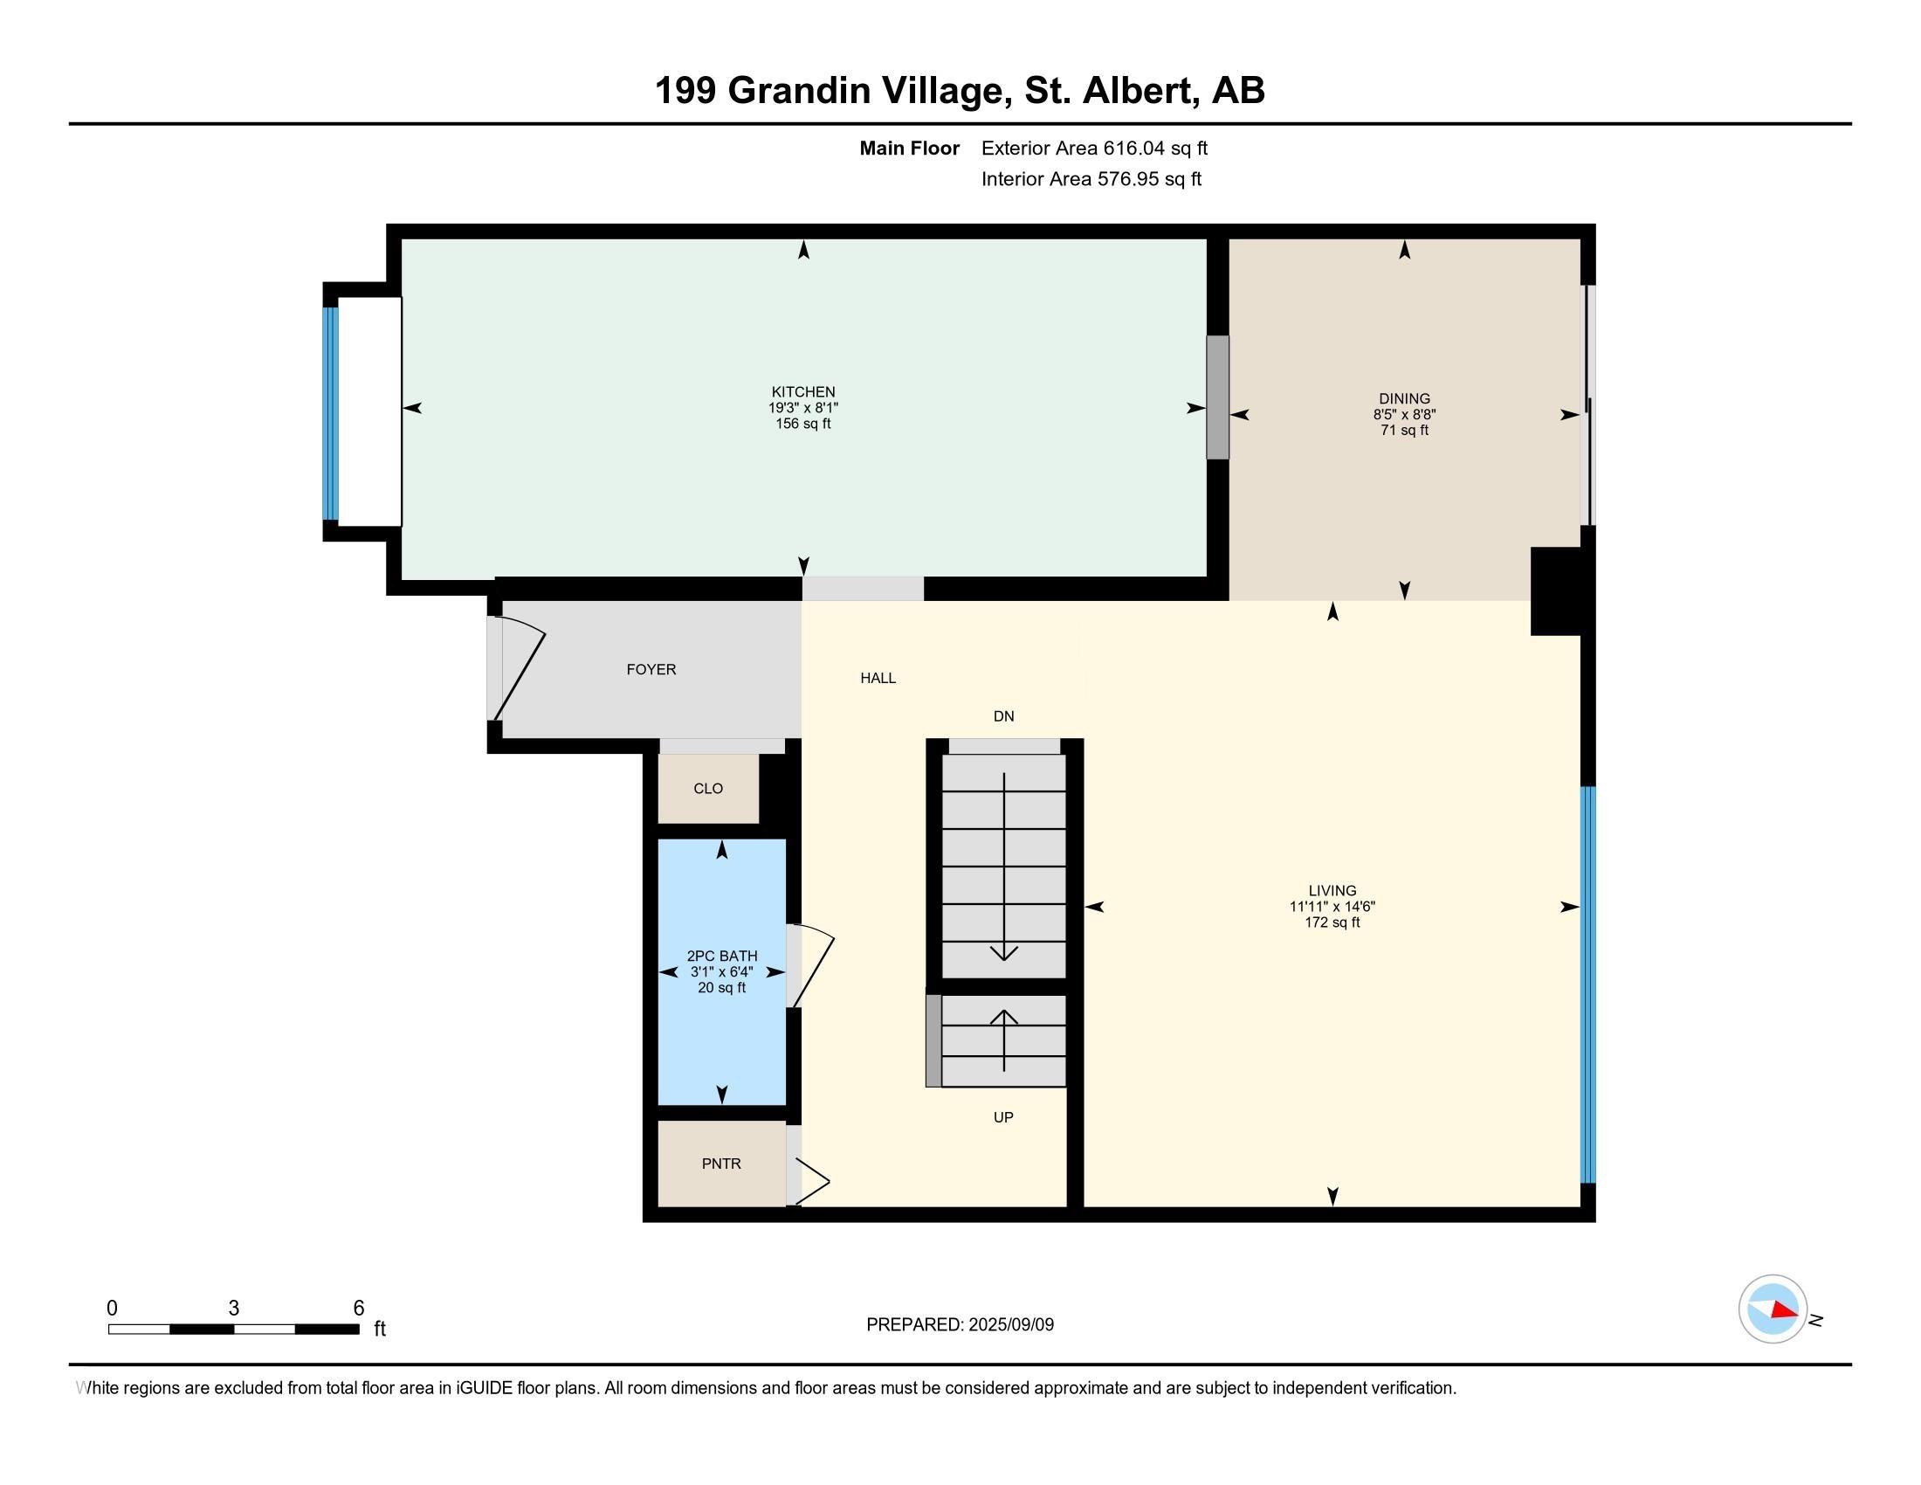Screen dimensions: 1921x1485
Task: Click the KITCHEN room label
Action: click(803, 391)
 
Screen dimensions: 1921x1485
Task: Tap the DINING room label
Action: click(1404, 398)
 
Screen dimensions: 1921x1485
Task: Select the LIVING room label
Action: click(1332, 890)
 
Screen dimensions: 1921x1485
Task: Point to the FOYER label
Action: click(651, 669)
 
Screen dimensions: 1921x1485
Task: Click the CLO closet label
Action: click(708, 788)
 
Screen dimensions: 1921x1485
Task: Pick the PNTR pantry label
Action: click(721, 1164)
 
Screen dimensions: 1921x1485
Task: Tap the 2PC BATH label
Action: click(722, 957)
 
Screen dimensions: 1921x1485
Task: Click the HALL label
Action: click(878, 678)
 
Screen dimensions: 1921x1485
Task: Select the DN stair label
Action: click(1003, 716)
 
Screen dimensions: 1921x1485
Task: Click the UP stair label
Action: click(1003, 1117)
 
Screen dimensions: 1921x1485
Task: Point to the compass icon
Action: click(1773, 1309)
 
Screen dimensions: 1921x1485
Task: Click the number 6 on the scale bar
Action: click(358, 1309)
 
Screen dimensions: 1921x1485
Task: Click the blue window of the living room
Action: click(1587, 984)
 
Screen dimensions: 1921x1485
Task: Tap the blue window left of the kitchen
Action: click(330, 412)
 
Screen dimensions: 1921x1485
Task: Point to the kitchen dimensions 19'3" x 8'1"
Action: click(803, 407)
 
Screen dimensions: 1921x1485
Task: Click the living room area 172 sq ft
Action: click(1332, 922)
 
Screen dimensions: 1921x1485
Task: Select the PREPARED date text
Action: click(960, 1324)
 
